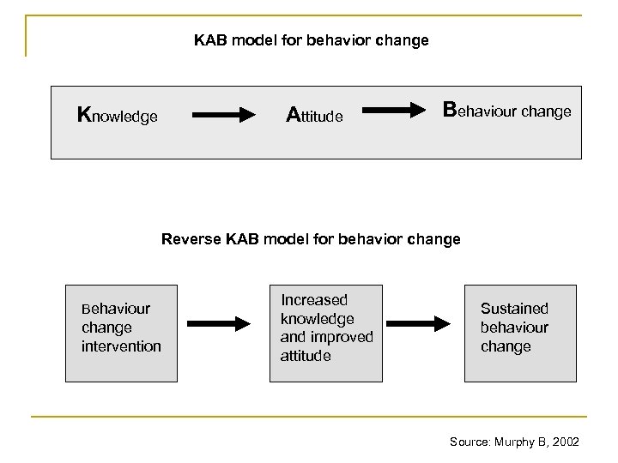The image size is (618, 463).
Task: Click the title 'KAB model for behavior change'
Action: point(311,40)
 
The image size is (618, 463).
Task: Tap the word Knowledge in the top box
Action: point(118,116)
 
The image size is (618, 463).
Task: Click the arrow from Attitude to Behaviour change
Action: point(398,110)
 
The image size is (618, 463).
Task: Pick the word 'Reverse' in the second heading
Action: point(187,239)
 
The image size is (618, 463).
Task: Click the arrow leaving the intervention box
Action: point(218,323)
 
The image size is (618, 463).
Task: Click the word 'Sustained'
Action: point(514,309)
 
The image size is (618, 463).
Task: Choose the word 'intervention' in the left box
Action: point(121,346)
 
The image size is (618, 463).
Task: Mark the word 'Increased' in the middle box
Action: point(314,300)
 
